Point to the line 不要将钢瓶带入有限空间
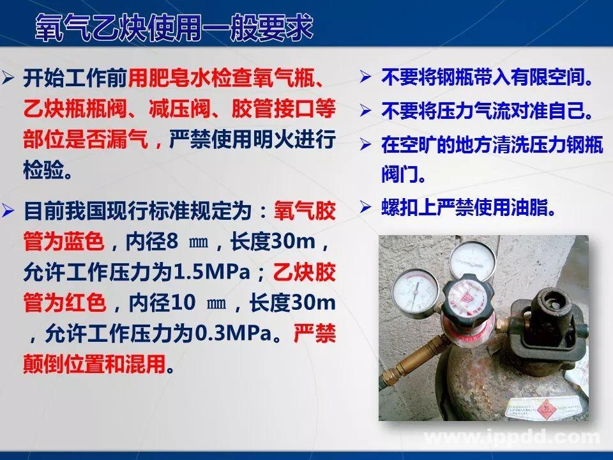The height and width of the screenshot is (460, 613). (485, 79)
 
